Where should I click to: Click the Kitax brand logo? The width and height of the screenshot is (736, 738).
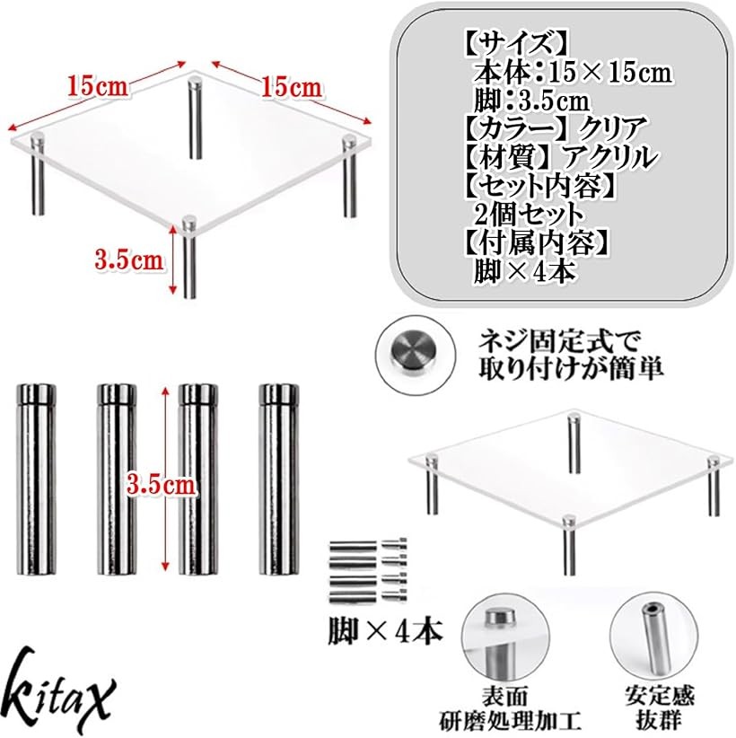point(61,690)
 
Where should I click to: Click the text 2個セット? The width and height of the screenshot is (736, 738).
point(528,215)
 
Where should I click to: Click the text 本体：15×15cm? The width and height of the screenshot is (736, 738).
point(573,73)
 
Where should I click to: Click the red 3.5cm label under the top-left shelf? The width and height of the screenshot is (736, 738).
point(129,259)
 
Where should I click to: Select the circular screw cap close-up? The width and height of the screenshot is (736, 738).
point(415,354)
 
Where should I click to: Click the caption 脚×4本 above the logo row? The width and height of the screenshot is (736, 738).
point(386,632)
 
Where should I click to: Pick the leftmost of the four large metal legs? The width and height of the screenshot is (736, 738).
point(36,479)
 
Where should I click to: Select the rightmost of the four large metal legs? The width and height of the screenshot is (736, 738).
point(279,479)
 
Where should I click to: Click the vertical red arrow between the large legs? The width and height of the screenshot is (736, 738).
point(165,479)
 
